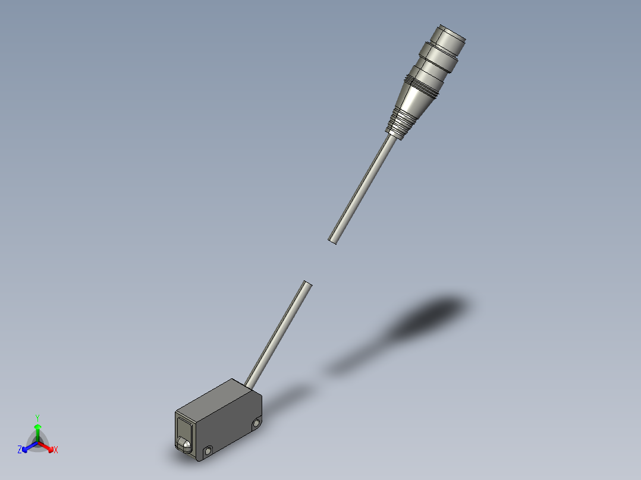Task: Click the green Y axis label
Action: [37, 417]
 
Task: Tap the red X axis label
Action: [56, 450]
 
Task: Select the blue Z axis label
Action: [20, 450]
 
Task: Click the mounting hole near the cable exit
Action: [256, 423]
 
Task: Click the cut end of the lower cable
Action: [307, 284]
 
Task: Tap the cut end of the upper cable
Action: [334, 241]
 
